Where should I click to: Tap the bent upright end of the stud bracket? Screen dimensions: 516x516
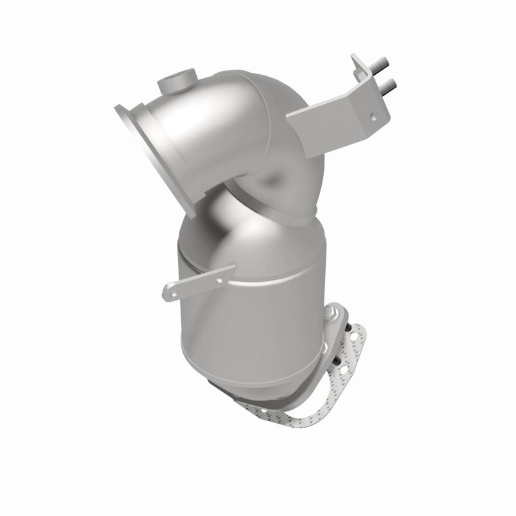point(361,71)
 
